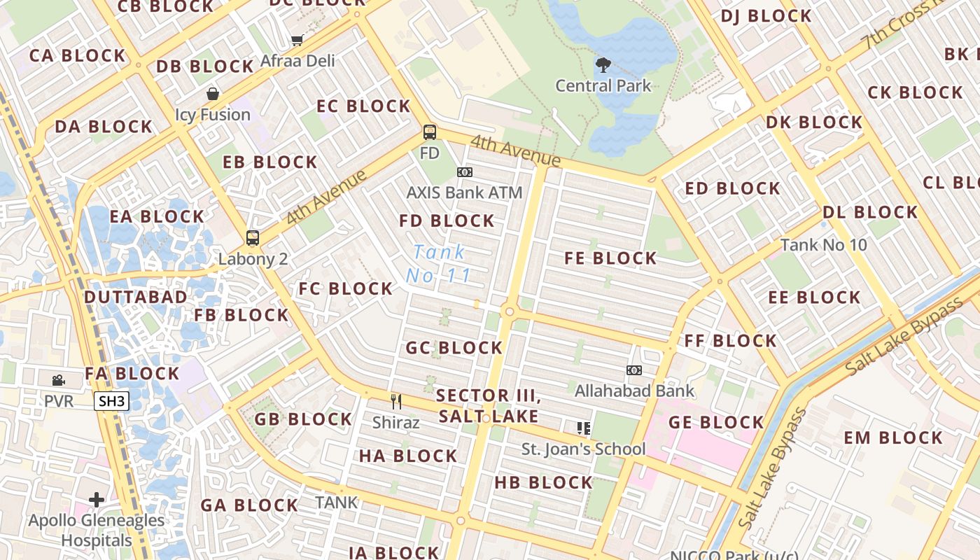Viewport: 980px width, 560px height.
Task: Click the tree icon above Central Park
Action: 603,65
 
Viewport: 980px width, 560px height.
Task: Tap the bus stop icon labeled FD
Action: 430,132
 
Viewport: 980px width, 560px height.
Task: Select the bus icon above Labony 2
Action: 253,238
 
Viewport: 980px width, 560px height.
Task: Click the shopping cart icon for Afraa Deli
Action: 297,40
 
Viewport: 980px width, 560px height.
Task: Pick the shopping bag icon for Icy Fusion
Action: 212,94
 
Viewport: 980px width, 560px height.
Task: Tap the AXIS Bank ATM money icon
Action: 465,172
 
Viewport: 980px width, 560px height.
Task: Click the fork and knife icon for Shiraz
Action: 396,401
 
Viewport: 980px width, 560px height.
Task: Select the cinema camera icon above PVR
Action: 59,380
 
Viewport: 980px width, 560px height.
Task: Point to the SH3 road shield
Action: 111,401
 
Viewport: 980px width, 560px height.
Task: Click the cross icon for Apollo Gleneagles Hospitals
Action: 97,500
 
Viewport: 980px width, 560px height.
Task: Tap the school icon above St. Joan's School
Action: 583,428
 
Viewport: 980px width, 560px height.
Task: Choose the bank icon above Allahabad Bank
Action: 634,370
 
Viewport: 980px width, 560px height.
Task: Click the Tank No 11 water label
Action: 439,264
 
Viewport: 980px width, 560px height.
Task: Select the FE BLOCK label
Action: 610,258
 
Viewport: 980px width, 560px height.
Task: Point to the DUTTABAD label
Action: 136,297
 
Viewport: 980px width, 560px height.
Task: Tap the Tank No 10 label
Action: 823,245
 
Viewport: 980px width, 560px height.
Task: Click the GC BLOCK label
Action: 454,348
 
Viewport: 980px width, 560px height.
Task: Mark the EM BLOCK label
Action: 893,438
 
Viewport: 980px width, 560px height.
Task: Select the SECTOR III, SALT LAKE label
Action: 489,406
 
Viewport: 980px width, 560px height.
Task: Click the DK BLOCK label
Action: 814,122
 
